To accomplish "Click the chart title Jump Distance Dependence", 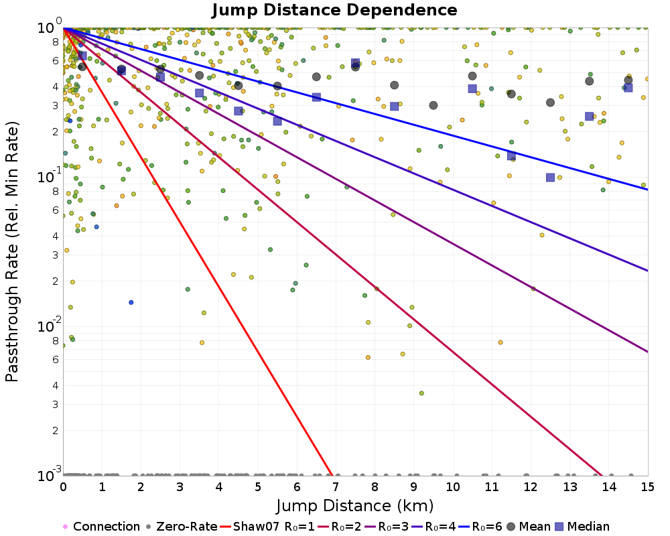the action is (x=334, y=10).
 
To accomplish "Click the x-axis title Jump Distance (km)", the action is (x=354, y=506).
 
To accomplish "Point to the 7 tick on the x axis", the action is (x=336, y=487).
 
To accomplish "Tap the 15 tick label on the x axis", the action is (x=647, y=487).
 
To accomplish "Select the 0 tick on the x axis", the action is (x=63, y=487).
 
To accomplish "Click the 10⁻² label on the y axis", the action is (x=49, y=326).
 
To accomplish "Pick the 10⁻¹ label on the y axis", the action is (x=49, y=176).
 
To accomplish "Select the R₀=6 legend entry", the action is (x=480, y=526).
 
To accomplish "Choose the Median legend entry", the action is (x=582, y=526).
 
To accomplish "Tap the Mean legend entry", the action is (x=528, y=526).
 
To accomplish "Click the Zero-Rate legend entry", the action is (x=181, y=526).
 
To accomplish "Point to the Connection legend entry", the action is (x=101, y=526).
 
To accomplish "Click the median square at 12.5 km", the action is (x=550, y=178).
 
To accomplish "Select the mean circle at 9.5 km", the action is (x=433, y=105).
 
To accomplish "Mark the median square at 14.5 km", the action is (x=628, y=88).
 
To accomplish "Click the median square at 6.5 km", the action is (x=316, y=97).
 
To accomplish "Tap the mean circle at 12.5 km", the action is (x=550, y=103).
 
